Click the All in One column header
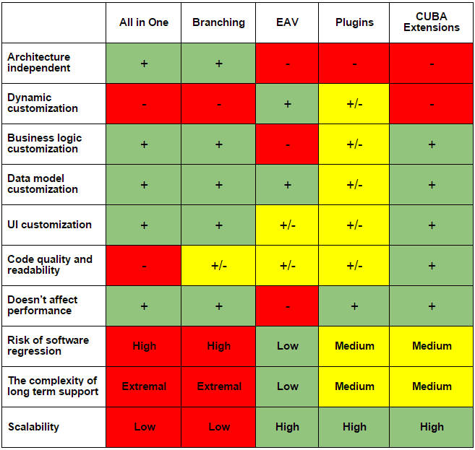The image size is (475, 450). point(144,22)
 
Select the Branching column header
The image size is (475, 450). point(218,22)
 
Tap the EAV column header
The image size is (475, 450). point(288,22)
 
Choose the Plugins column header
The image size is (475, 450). point(354,22)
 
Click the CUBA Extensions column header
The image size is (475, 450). point(432,22)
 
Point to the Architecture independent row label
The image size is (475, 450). point(39,63)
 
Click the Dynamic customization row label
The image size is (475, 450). point(43,103)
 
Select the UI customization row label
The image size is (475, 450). point(49,225)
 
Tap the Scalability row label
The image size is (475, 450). point(33,427)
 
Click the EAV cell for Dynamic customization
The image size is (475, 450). point(288,103)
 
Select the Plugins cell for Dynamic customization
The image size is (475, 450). point(354,103)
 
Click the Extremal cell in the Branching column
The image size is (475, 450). point(218,386)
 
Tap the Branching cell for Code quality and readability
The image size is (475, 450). point(218,265)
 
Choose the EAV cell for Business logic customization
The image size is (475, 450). point(288,144)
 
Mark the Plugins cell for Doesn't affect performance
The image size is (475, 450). point(354,306)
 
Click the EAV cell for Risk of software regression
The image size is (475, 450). point(288,346)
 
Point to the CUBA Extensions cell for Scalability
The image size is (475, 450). point(432,427)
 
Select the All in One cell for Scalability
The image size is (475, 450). point(144,427)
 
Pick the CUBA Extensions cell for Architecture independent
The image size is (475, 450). point(432,63)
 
